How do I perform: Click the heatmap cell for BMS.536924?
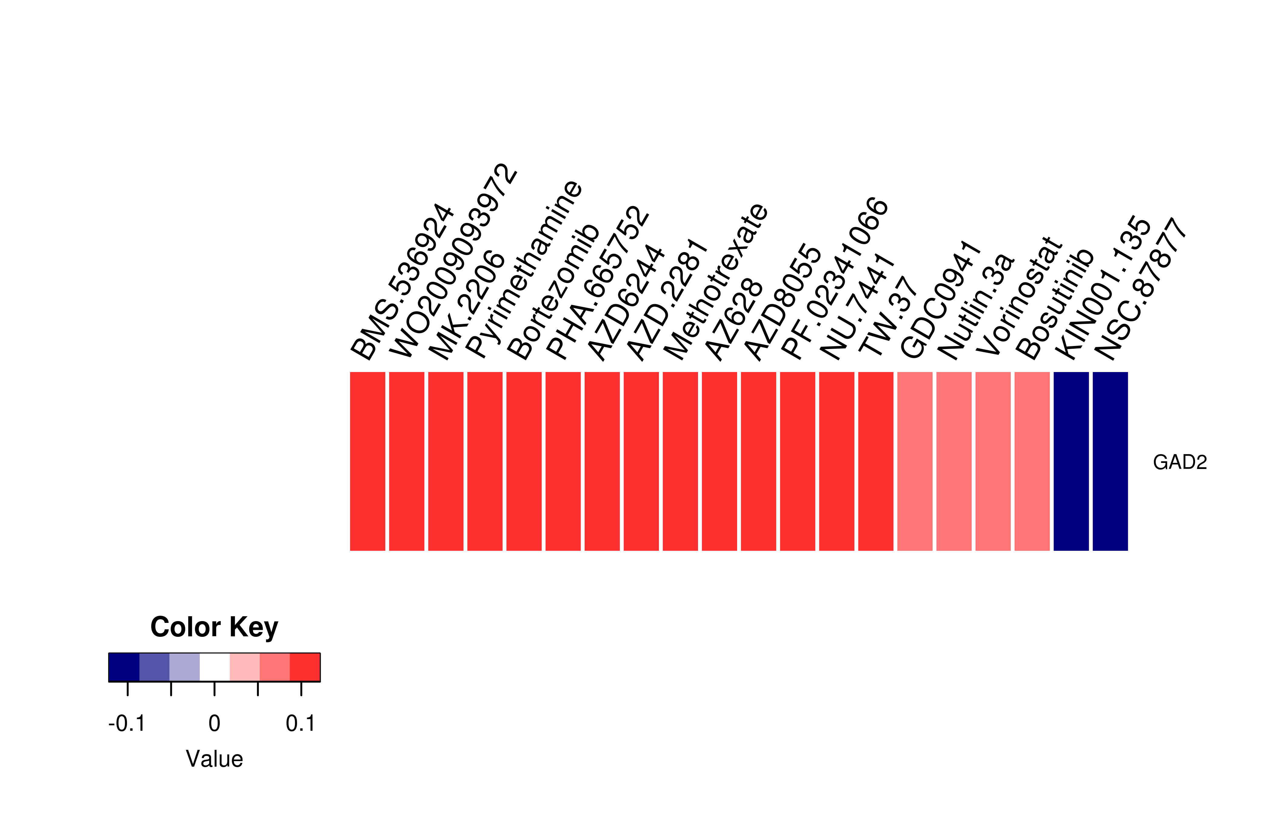(368, 461)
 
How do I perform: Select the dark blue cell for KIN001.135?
(1071, 461)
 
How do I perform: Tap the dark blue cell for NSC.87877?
(1111, 461)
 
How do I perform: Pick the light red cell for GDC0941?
(915, 461)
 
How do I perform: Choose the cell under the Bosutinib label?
(1032, 461)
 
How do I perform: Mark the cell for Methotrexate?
(680, 461)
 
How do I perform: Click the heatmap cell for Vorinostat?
(993, 461)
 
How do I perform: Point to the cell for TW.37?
(876, 461)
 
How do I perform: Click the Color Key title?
(214, 627)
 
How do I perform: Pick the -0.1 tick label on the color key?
(127, 723)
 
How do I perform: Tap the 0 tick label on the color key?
(214, 723)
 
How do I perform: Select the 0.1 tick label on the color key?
(301, 723)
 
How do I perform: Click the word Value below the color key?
(214, 759)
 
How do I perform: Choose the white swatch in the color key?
(215, 667)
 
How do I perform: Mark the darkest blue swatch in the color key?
(124, 667)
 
